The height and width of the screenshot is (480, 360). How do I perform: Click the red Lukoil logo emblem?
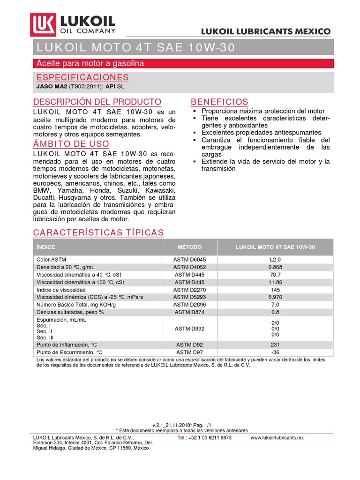tap(43, 24)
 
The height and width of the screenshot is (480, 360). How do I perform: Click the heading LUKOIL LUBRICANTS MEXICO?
tap(266, 31)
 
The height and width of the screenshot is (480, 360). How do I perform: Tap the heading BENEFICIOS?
tap(219, 102)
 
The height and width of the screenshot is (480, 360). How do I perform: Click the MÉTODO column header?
tap(189, 247)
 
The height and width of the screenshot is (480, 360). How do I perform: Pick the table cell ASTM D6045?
tap(189, 259)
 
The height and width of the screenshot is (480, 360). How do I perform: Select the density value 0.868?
tap(275, 267)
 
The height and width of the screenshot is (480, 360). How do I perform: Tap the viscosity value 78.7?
tap(275, 275)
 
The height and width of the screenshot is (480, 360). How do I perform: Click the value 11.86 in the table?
tap(275, 282)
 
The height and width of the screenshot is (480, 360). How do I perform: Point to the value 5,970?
tap(275, 297)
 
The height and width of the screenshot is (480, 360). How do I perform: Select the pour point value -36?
tap(275, 352)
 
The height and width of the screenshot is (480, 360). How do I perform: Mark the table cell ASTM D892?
tap(189, 329)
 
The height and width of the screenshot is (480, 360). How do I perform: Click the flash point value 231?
tap(275, 345)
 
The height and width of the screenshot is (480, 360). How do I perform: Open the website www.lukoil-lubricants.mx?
tap(277, 437)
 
